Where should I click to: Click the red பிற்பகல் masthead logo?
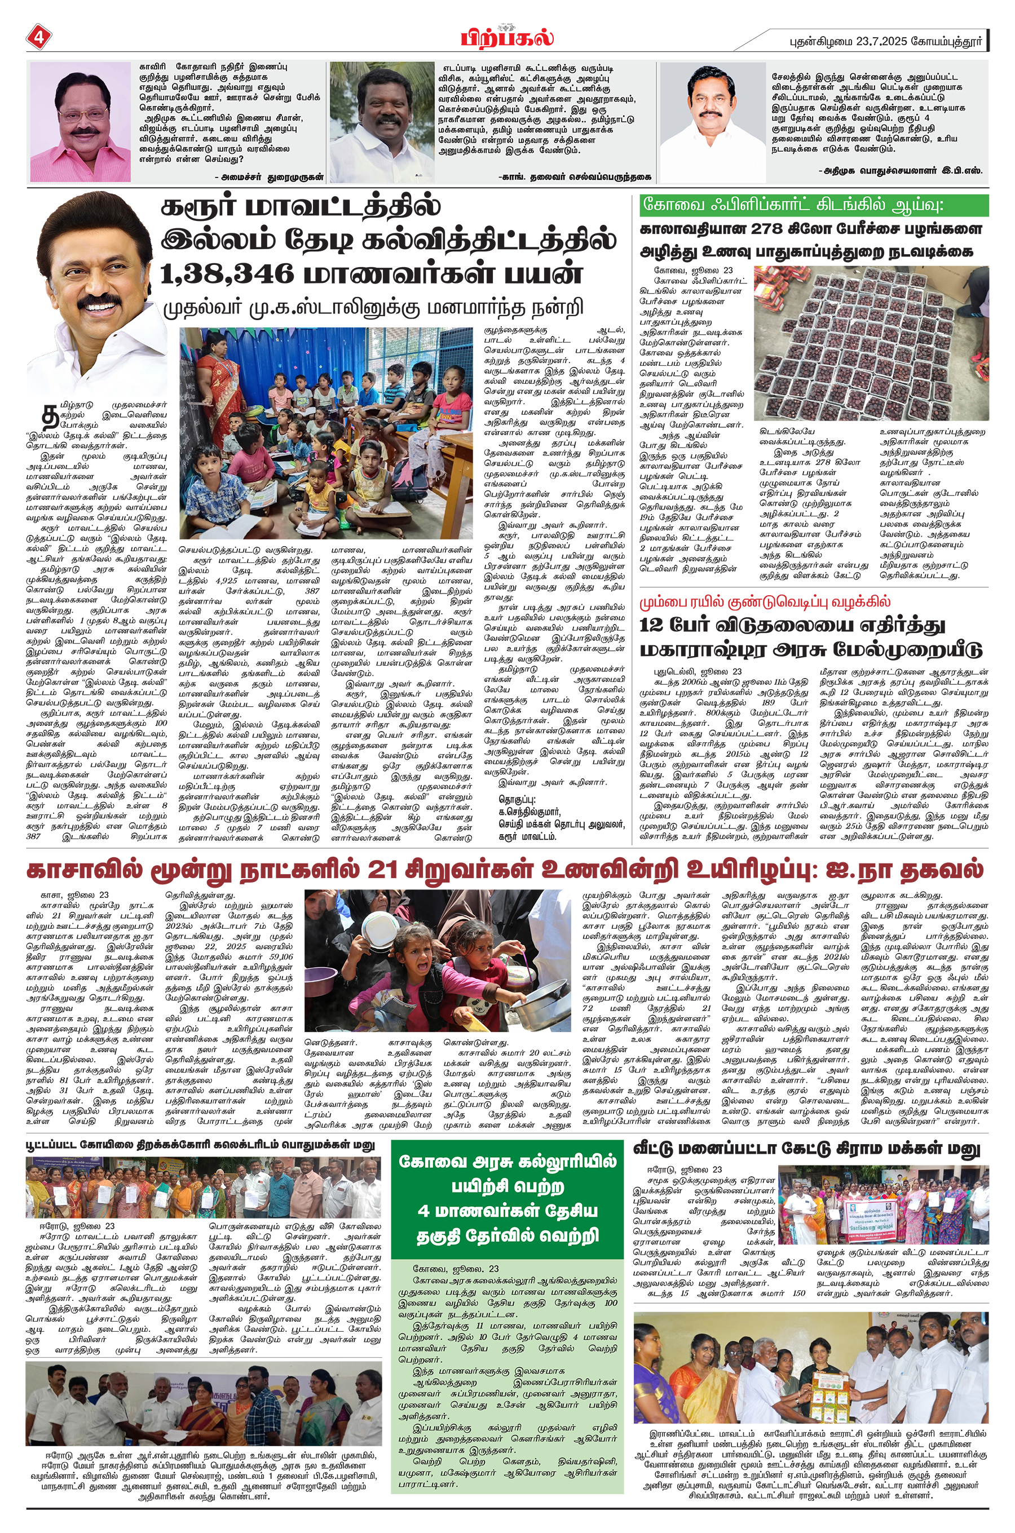(x=507, y=38)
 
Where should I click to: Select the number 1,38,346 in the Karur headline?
(x=227, y=273)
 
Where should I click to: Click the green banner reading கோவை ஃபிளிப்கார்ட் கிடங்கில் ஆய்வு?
(x=813, y=206)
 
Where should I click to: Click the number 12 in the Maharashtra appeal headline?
(x=654, y=626)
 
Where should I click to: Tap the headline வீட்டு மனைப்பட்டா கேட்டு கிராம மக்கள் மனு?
(x=806, y=1149)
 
